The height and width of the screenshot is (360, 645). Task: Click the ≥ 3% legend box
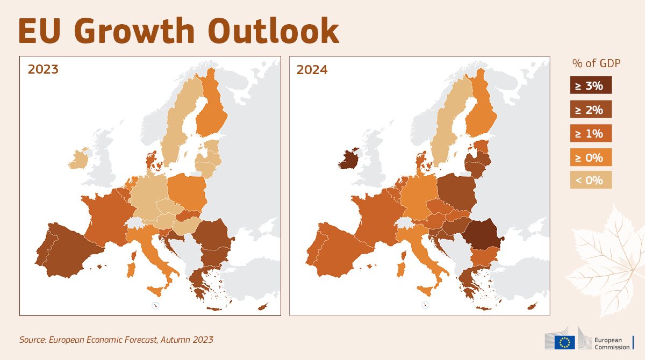[x=591, y=85]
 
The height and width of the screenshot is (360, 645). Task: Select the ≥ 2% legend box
[x=591, y=109]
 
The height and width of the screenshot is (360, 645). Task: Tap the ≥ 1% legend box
[x=591, y=133]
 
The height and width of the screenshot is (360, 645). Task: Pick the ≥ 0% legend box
[x=591, y=157]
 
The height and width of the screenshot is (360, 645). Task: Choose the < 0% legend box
[x=591, y=180]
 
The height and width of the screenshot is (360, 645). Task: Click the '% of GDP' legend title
[x=596, y=63]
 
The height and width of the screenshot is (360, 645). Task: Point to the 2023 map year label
[x=43, y=69]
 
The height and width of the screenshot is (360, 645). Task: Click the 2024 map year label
[x=312, y=70]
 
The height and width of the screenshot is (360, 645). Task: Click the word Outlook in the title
[x=273, y=30]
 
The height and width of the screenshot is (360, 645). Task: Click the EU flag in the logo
[x=565, y=342]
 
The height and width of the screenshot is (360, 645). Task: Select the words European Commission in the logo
[x=612, y=343]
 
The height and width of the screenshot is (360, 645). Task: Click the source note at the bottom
[x=116, y=340]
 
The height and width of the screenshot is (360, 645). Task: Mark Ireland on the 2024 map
[x=348, y=159]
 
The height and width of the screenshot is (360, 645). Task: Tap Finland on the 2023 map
[x=212, y=106]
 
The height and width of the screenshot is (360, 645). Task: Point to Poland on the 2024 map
[x=456, y=191]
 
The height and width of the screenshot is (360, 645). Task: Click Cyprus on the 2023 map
[x=263, y=306]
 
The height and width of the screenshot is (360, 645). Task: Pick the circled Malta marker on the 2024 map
[x=425, y=305]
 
